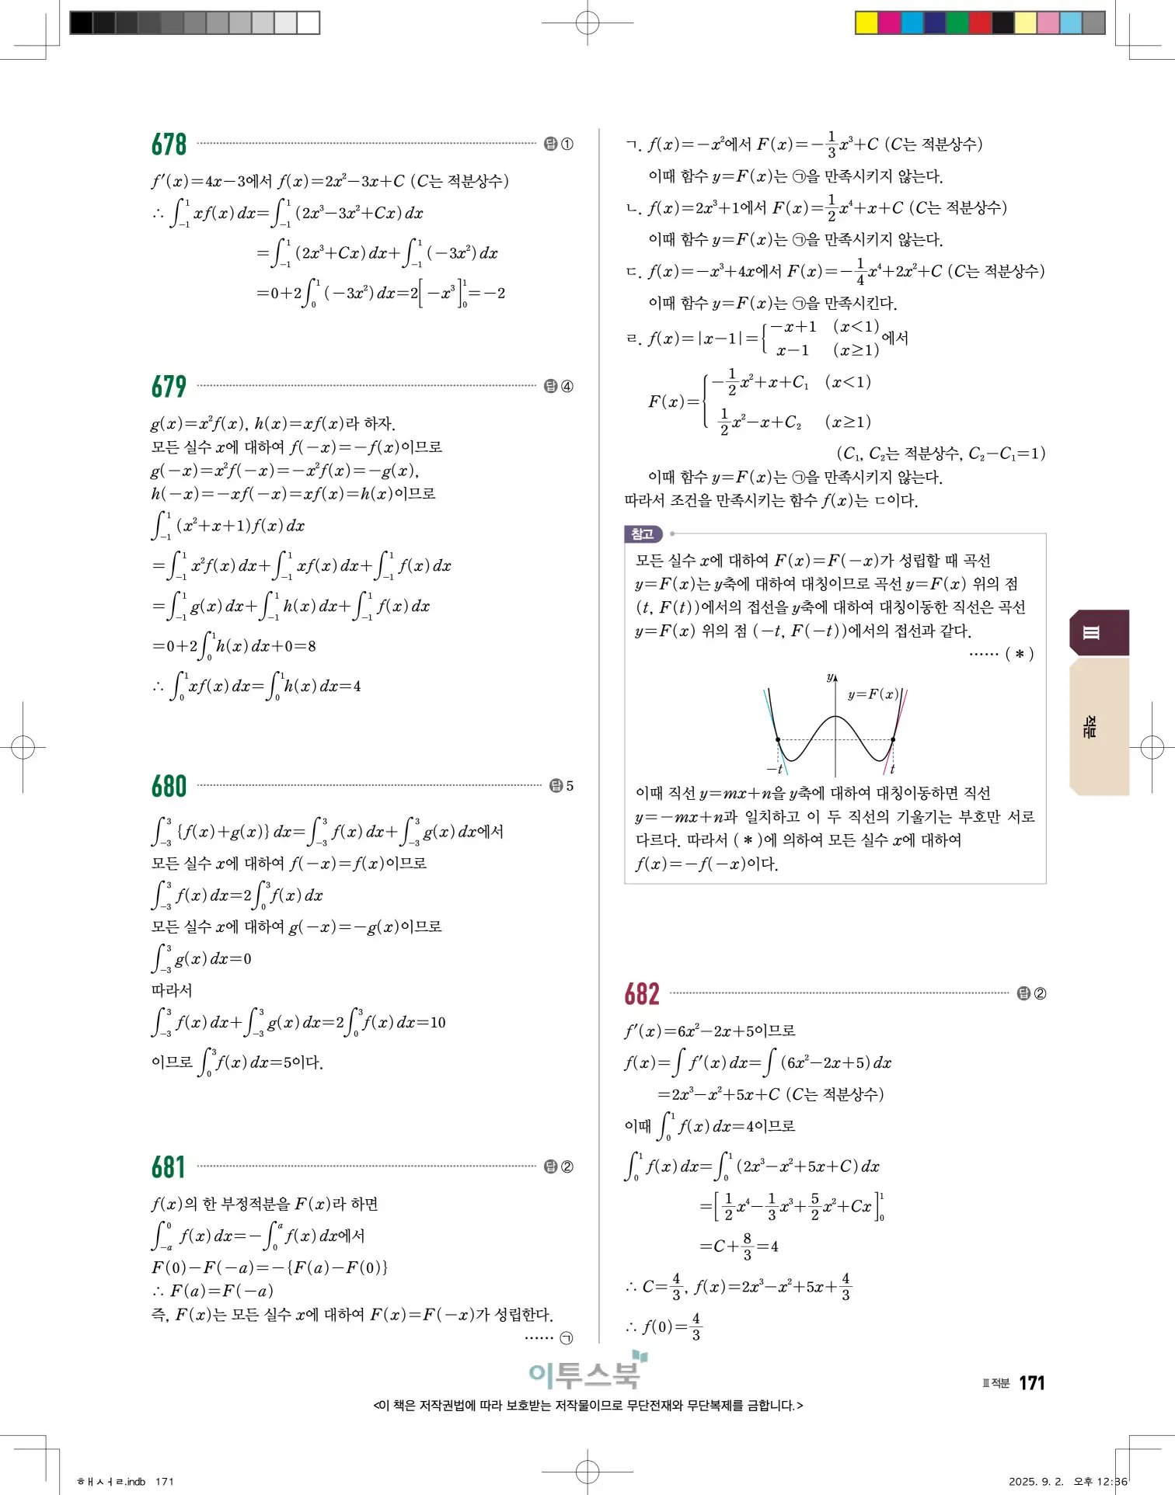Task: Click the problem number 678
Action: coord(169,144)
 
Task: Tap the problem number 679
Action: coord(169,386)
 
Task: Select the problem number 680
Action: coord(169,786)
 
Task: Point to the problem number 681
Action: coord(169,1167)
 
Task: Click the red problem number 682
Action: coord(642,994)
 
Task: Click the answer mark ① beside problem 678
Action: coord(560,144)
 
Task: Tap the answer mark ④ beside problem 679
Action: coord(560,386)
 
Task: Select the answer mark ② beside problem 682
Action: coord(1033,994)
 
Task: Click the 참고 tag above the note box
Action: coord(643,534)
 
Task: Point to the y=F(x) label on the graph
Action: coord(872,694)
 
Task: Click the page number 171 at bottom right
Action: coord(1031,1383)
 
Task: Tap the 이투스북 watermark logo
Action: coord(587,1373)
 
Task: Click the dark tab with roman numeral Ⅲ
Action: coord(1098,633)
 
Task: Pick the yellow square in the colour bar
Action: coord(866,23)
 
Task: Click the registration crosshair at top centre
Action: coord(587,23)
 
